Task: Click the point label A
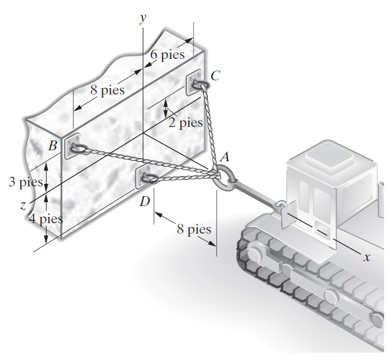click(x=225, y=157)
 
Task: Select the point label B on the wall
click(x=53, y=145)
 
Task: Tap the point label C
click(x=215, y=75)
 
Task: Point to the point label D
click(x=145, y=201)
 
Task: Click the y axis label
click(x=143, y=18)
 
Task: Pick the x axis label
click(x=367, y=257)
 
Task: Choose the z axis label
click(x=23, y=205)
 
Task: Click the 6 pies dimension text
click(x=167, y=55)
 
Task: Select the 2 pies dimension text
click(x=186, y=123)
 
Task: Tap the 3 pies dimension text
click(x=26, y=182)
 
